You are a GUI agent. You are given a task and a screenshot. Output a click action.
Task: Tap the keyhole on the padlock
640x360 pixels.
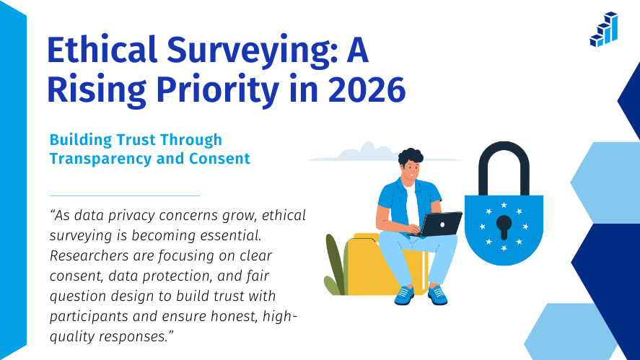coord(504,226)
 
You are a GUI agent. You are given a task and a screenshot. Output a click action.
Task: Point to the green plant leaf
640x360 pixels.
coord(333,263)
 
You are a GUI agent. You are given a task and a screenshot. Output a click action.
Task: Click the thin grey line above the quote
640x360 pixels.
coord(124,196)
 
